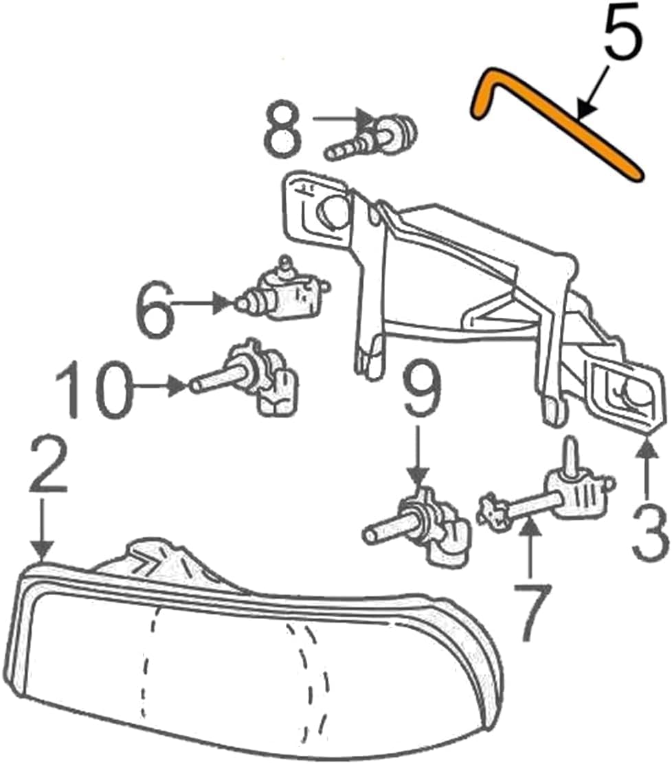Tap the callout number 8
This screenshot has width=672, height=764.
tap(282, 128)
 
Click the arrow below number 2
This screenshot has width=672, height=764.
tap(43, 529)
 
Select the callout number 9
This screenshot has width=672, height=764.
tap(420, 391)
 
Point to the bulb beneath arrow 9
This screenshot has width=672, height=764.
tap(417, 529)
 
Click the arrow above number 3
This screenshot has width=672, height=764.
tap(649, 467)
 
